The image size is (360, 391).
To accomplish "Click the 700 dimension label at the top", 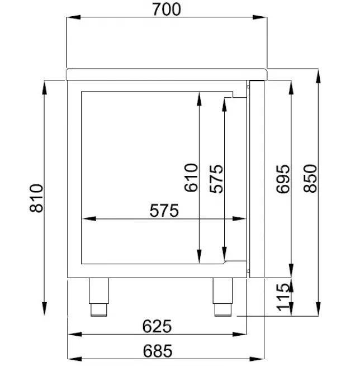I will [166, 9].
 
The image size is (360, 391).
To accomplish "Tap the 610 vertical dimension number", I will [191, 177].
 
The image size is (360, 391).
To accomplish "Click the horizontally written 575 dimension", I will [164, 211].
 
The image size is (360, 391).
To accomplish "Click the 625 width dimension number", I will [157, 326].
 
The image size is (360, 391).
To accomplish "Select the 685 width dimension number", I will [157, 351].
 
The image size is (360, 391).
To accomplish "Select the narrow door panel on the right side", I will [256, 179].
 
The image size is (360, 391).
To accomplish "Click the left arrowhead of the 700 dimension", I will [70, 18].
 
